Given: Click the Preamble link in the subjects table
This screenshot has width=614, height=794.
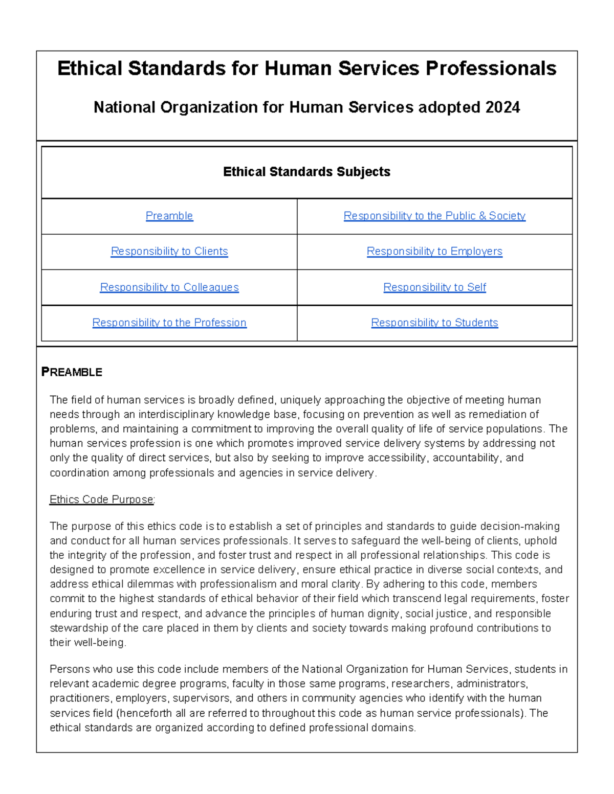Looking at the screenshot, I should pyautogui.click(x=169, y=216).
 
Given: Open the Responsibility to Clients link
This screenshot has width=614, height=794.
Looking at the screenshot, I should pyautogui.click(x=169, y=251).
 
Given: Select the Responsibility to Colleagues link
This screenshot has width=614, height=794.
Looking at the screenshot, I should pyautogui.click(x=169, y=287).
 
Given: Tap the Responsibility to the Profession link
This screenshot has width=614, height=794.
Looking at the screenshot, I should pyautogui.click(x=169, y=323).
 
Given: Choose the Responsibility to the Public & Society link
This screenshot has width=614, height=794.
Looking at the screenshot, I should pyautogui.click(x=434, y=216).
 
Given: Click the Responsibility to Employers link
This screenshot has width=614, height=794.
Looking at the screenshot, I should pyautogui.click(x=434, y=251).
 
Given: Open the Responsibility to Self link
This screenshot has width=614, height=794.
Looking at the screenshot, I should pyautogui.click(x=434, y=287).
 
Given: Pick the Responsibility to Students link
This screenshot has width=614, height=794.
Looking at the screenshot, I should pyautogui.click(x=434, y=323).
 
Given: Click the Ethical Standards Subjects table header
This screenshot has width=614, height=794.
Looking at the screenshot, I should pyautogui.click(x=306, y=172).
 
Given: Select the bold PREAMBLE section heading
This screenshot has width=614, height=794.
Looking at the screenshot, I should pyautogui.click(x=72, y=372).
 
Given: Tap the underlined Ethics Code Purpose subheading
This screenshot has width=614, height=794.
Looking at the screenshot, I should pyautogui.click(x=102, y=500).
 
